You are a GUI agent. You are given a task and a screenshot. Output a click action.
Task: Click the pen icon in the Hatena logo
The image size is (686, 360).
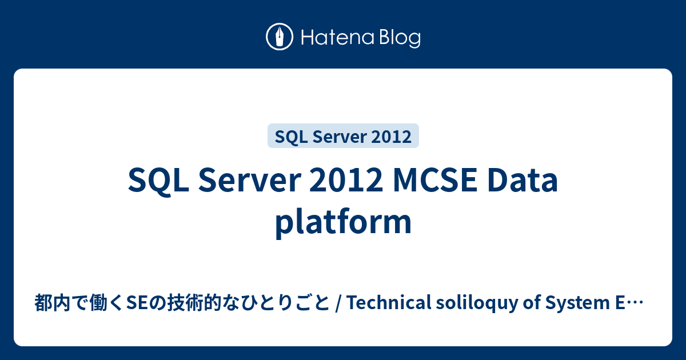[x=280, y=37]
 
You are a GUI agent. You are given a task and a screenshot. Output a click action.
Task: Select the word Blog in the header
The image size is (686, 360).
[x=398, y=38]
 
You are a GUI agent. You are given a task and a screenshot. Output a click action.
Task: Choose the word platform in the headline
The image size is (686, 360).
[x=343, y=222]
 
